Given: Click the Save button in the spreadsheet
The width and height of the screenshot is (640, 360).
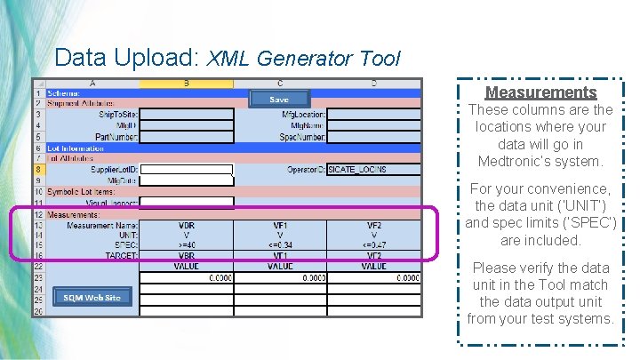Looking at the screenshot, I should point(278,99).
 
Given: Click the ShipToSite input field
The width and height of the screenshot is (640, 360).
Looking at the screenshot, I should point(187,114).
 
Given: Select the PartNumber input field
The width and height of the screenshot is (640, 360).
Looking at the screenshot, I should point(187,137).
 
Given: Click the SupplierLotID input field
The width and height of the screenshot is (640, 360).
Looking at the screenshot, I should point(187,169).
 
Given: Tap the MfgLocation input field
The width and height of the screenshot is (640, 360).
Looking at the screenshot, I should point(373,114).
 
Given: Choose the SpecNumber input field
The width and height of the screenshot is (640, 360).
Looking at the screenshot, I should point(373,137).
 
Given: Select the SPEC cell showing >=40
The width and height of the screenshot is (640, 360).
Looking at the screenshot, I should point(187,243).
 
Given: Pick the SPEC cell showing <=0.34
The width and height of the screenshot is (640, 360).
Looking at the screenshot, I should point(280,243).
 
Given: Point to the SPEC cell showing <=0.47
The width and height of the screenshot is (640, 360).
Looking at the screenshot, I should point(373,243).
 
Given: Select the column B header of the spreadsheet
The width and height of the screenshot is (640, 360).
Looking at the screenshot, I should point(187,83).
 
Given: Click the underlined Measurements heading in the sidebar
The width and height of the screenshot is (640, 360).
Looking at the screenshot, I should point(540,92).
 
